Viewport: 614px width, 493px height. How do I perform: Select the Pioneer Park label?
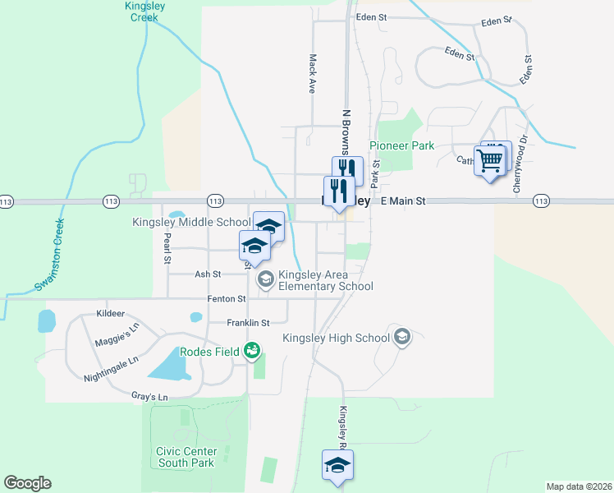coord(401,145)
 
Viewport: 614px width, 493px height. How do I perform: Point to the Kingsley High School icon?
coord(402,337)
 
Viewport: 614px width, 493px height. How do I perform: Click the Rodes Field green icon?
coord(253,352)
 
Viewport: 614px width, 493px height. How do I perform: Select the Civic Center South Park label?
coord(186,457)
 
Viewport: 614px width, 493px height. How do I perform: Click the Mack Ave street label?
coord(313,73)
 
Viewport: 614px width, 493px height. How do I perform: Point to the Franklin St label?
coord(248,323)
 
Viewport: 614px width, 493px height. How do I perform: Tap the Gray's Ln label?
coord(149,397)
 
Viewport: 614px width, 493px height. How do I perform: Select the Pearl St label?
coord(167,249)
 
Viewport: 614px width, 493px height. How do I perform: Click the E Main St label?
coord(403,200)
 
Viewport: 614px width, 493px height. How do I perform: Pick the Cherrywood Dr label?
coord(517,172)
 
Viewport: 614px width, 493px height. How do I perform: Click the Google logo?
coord(27,483)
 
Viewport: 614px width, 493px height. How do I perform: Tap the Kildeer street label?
coord(110,313)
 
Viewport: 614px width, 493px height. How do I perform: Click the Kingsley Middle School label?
coord(191,222)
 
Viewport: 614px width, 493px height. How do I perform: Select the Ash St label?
coord(208,274)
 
